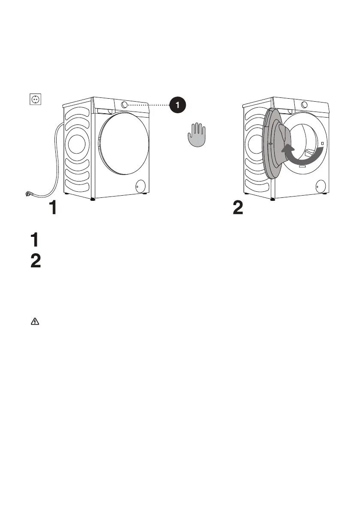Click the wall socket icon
pos(34,100)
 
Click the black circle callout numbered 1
pos(178,104)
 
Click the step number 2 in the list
pos(36,262)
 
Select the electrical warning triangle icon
pos(34,321)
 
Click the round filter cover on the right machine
pos(320,186)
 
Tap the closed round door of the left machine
pos(124,144)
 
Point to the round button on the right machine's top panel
pos(304,105)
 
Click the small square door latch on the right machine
pos(322,142)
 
